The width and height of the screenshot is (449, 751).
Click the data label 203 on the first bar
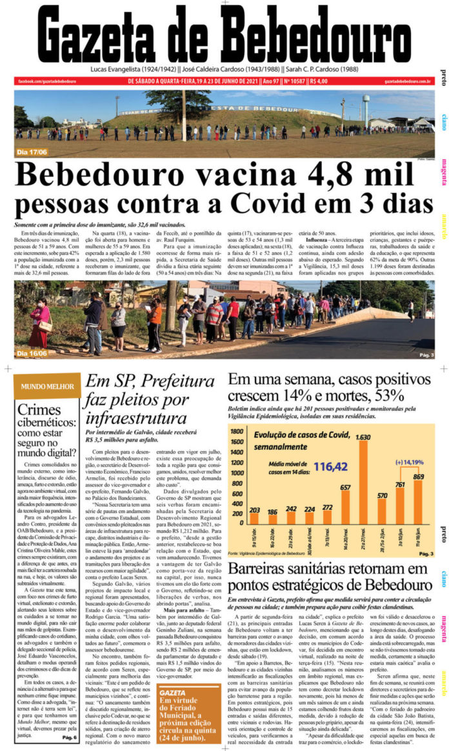(254, 510)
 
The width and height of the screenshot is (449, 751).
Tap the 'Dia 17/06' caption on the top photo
(33, 153)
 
